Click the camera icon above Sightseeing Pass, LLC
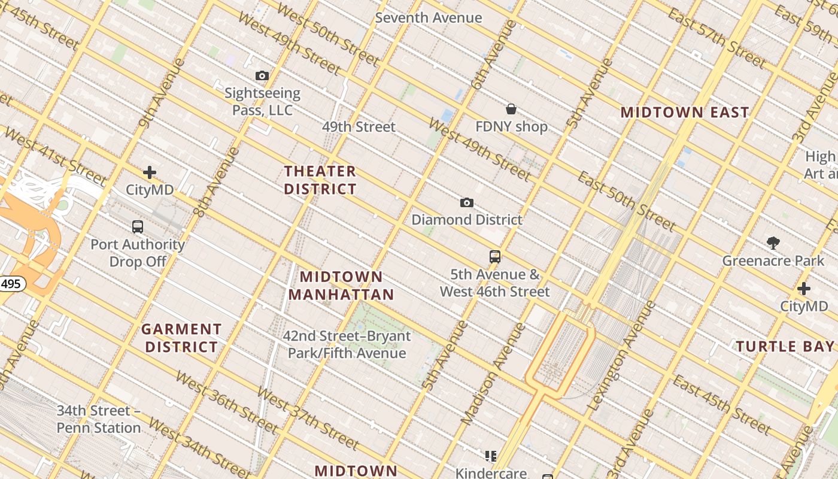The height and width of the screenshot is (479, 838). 262,76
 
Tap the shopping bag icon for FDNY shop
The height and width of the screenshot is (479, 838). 511,109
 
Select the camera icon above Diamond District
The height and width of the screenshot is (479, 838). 467,203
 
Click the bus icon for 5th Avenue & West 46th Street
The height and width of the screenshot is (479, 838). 495,257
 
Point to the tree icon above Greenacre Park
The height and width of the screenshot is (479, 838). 773,242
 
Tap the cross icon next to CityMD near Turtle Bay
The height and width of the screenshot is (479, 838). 804,289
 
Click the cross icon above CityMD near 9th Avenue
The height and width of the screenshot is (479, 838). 150,173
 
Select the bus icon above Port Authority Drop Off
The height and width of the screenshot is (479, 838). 138,227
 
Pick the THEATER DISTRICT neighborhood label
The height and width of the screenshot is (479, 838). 320,180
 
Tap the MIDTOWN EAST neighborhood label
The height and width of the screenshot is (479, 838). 685,112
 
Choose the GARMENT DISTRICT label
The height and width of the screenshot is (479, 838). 181,338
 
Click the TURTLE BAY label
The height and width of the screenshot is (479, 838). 785,346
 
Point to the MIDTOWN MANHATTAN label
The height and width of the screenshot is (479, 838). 341,286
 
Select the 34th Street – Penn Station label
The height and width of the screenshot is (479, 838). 99,419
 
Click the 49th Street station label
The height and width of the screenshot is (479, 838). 359,127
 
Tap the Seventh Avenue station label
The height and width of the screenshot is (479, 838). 429,18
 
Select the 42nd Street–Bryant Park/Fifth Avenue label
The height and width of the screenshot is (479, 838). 347,344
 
